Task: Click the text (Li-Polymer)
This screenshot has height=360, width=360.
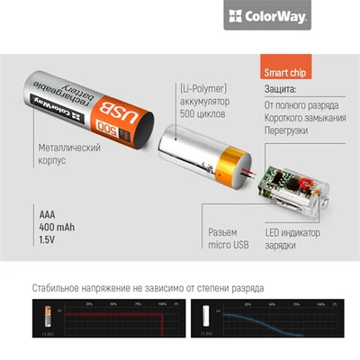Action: point(202,88)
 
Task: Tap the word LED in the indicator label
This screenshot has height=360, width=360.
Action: point(274,231)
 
